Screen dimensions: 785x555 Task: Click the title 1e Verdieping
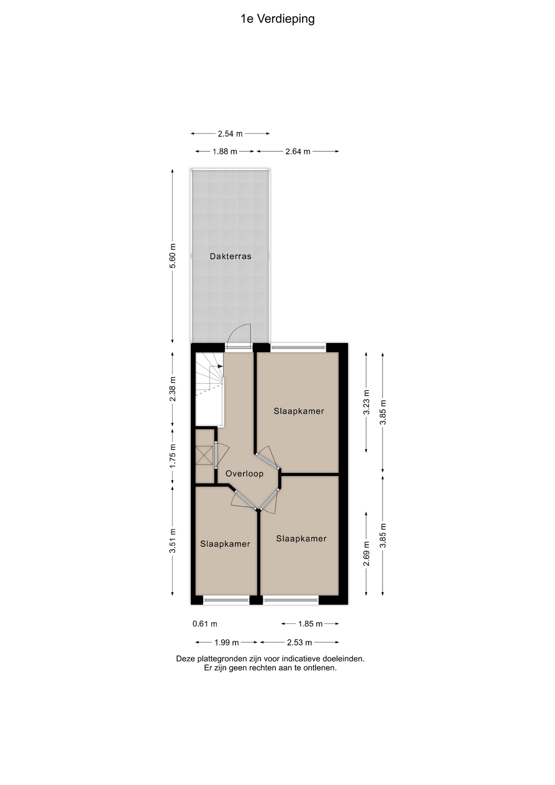(x=277, y=19)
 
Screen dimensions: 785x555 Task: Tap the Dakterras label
(x=231, y=256)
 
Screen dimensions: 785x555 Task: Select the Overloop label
(x=244, y=473)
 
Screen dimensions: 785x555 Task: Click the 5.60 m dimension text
(x=172, y=256)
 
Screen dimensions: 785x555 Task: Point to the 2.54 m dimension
(x=230, y=134)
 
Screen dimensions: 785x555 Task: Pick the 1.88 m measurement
(x=225, y=152)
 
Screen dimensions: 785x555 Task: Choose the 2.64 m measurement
(x=298, y=152)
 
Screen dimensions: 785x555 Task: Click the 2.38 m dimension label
(x=172, y=389)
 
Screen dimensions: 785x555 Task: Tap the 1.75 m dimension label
(x=172, y=456)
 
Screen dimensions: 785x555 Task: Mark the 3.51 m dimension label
(x=172, y=541)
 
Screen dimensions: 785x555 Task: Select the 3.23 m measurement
(x=366, y=402)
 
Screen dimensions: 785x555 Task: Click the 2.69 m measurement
(x=366, y=554)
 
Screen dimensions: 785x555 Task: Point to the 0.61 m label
(x=205, y=624)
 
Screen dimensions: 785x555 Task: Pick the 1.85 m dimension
(x=310, y=624)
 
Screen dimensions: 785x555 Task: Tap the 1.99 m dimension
(x=226, y=643)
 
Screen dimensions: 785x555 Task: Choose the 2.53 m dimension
(x=299, y=643)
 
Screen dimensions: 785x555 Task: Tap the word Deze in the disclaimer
(x=186, y=659)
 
